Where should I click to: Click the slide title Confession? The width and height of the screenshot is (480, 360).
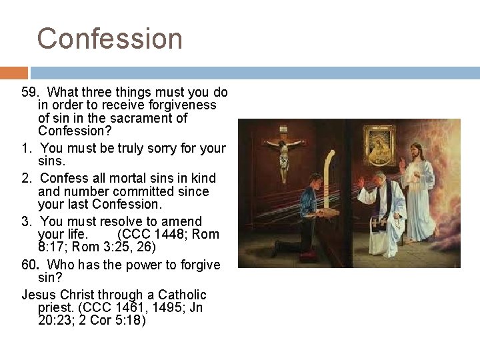pos(109,38)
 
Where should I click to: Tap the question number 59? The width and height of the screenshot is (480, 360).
pos(31,91)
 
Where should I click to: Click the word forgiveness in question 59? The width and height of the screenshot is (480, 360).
pos(184,105)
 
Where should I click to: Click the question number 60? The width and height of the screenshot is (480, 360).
pos(31,265)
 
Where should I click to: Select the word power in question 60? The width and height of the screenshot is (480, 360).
pos(136,265)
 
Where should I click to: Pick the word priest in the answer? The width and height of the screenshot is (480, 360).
pos(56,308)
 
